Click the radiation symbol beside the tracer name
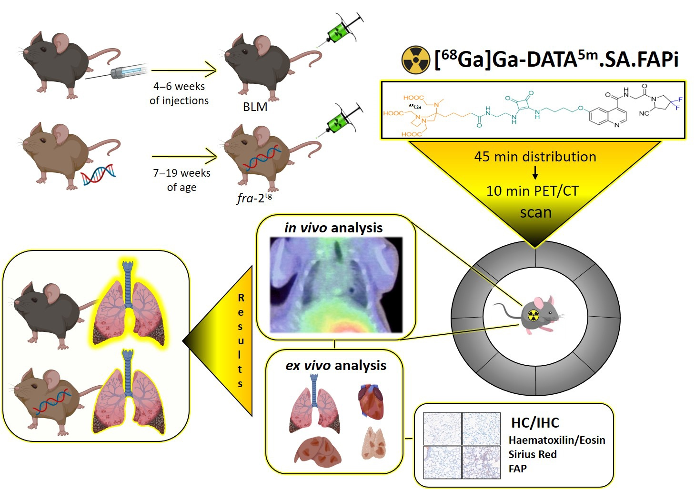(415, 60)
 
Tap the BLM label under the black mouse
(255, 107)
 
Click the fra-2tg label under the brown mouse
(254, 198)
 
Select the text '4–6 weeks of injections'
(179, 93)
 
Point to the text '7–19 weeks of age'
(181, 180)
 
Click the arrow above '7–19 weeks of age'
(184, 156)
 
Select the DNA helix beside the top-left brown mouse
(98, 174)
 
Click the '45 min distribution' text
(535, 157)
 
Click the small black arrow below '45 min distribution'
(535, 172)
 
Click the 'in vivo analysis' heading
(333, 228)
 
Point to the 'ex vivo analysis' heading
(336, 365)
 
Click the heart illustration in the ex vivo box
(371, 401)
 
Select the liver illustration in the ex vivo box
(318, 450)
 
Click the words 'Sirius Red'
(533, 454)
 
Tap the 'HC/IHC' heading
(535, 422)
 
